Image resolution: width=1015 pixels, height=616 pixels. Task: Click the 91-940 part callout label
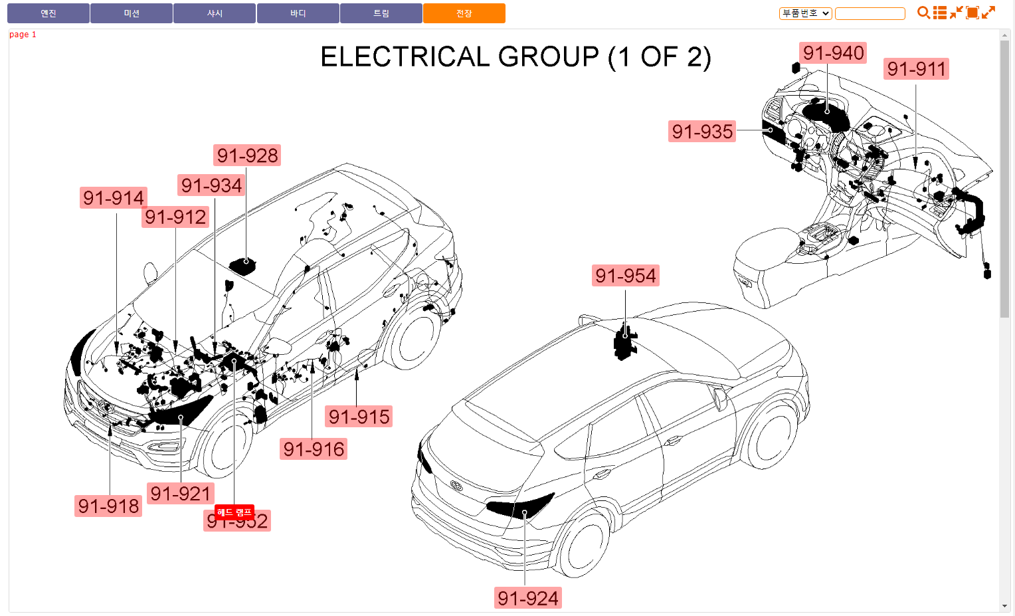point(833,53)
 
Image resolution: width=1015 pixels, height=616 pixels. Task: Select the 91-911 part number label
point(916,69)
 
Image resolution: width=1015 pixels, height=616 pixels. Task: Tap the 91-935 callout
point(702,132)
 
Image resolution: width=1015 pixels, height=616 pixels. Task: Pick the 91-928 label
point(247,155)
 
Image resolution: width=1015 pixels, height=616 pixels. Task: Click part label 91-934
point(211,185)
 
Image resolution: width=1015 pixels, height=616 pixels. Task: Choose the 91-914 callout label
point(114,198)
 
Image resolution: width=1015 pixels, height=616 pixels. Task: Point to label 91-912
point(175,217)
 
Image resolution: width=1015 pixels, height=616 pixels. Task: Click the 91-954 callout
point(625,276)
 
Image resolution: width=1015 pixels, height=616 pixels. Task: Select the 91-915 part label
point(359,417)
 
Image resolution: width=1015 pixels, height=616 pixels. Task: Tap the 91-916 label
point(314,449)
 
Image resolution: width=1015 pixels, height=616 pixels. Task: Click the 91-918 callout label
point(108,506)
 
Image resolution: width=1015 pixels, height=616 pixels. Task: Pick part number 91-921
point(180,494)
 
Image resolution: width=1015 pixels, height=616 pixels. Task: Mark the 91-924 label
point(528,598)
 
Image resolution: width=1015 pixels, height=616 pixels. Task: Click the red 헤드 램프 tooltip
point(234,512)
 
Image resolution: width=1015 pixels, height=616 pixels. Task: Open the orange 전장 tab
point(464,13)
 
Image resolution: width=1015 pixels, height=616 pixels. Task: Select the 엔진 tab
point(48,13)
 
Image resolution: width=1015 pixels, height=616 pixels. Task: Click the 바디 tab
point(298,13)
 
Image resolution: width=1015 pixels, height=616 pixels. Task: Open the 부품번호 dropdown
point(805,13)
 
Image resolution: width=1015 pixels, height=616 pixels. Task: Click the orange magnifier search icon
point(923,13)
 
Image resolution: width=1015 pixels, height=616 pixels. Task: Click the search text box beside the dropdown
point(870,13)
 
